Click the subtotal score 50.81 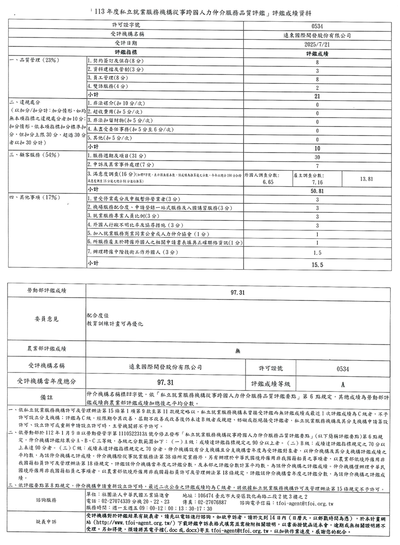point(317,191)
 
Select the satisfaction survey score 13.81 point(367,179)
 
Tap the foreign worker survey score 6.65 point(268,182)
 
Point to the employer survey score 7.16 point(317,182)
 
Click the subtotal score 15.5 point(317,264)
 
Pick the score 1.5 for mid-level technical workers point(317,253)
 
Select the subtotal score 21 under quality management point(317,96)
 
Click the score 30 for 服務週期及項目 point(317,156)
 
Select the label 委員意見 point(46,319)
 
